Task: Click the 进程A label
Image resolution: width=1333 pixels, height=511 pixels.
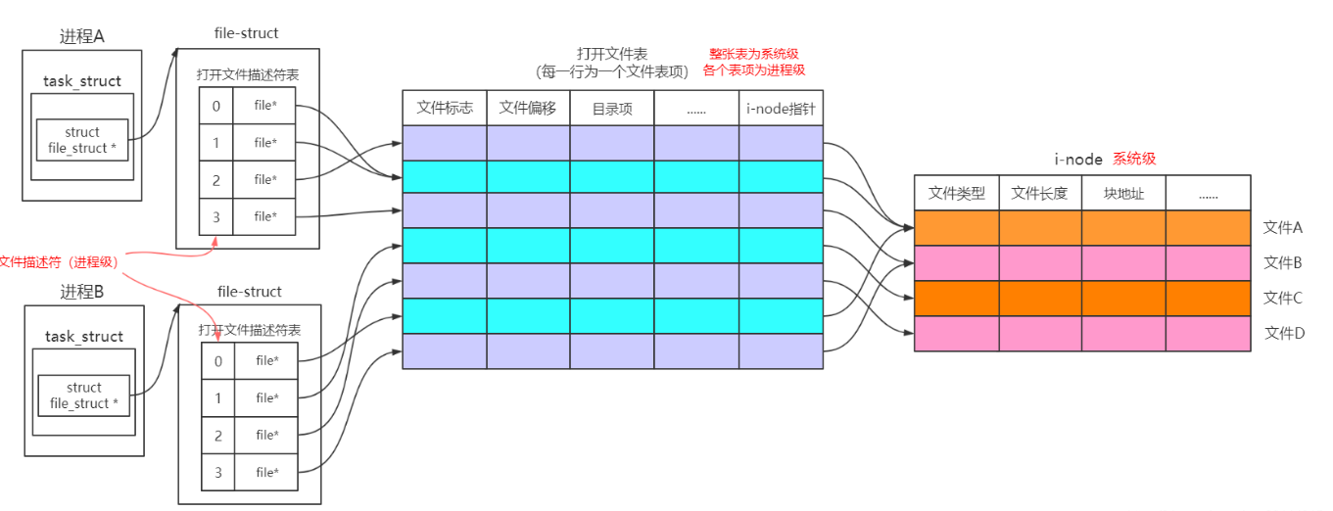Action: pyautogui.click(x=82, y=37)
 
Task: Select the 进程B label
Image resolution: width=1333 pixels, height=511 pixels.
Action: pyautogui.click(x=83, y=292)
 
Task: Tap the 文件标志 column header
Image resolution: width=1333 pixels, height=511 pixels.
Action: pyautogui.click(x=445, y=109)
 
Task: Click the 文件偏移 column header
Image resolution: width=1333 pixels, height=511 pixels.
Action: pyautogui.click(x=528, y=109)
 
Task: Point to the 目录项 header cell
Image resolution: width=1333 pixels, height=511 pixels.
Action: pyautogui.click(x=612, y=109)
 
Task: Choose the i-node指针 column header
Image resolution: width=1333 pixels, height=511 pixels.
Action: pyautogui.click(x=781, y=109)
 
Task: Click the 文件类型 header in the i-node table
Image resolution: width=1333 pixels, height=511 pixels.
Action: pyautogui.click(x=956, y=193)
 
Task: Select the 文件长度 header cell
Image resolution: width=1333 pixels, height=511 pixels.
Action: pyautogui.click(x=1039, y=193)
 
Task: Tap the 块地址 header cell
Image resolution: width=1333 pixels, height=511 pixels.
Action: pyautogui.click(x=1123, y=193)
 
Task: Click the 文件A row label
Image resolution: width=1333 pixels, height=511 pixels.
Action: pyautogui.click(x=1283, y=227)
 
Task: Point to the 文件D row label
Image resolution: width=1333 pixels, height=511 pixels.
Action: pyautogui.click(x=1284, y=333)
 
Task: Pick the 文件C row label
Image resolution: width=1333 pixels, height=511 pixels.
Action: pyautogui.click(x=1283, y=298)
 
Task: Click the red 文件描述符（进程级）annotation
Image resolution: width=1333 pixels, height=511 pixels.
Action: pyautogui.click(x=59, y=262)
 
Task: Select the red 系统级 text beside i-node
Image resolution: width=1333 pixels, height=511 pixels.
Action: pyautogui.click(x=1134, y=159)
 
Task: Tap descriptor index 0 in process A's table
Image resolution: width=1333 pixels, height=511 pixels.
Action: pyautogui.click(x=215, y=106)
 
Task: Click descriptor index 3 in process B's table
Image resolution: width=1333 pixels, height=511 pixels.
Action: pyautogui.click(x=217, y=473)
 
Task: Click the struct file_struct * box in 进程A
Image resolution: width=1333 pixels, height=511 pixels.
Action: pyautogui.click(x=82, y=140)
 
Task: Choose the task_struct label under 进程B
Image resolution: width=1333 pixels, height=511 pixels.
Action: pyautogui.click(x=84, y=337)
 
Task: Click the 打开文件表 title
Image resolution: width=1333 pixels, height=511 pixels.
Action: pyautogui.click(x=612, y=53)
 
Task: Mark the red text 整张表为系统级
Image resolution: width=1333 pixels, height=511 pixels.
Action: pyautogui.click(x=754, y=54)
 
